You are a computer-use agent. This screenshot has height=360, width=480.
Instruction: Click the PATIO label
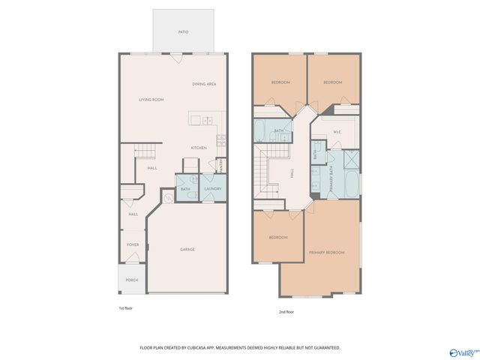point(183,32)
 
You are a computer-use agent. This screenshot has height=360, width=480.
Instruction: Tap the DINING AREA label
point(204,84)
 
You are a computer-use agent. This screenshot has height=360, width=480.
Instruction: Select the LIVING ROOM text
point(151,100)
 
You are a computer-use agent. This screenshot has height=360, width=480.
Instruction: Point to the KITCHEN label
point(198,148)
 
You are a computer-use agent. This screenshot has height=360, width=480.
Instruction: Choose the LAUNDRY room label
point(213,188)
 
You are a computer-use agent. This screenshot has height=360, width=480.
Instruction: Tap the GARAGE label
point(187,249)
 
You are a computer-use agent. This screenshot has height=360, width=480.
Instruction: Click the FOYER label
point(133,244)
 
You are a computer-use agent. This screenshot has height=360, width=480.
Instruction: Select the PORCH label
point(132,280)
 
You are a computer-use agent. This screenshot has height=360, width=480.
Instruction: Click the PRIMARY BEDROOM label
point(327,253)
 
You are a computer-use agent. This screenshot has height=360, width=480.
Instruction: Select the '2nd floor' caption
point(287,311)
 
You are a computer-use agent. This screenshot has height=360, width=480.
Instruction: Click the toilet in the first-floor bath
point(192,194)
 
